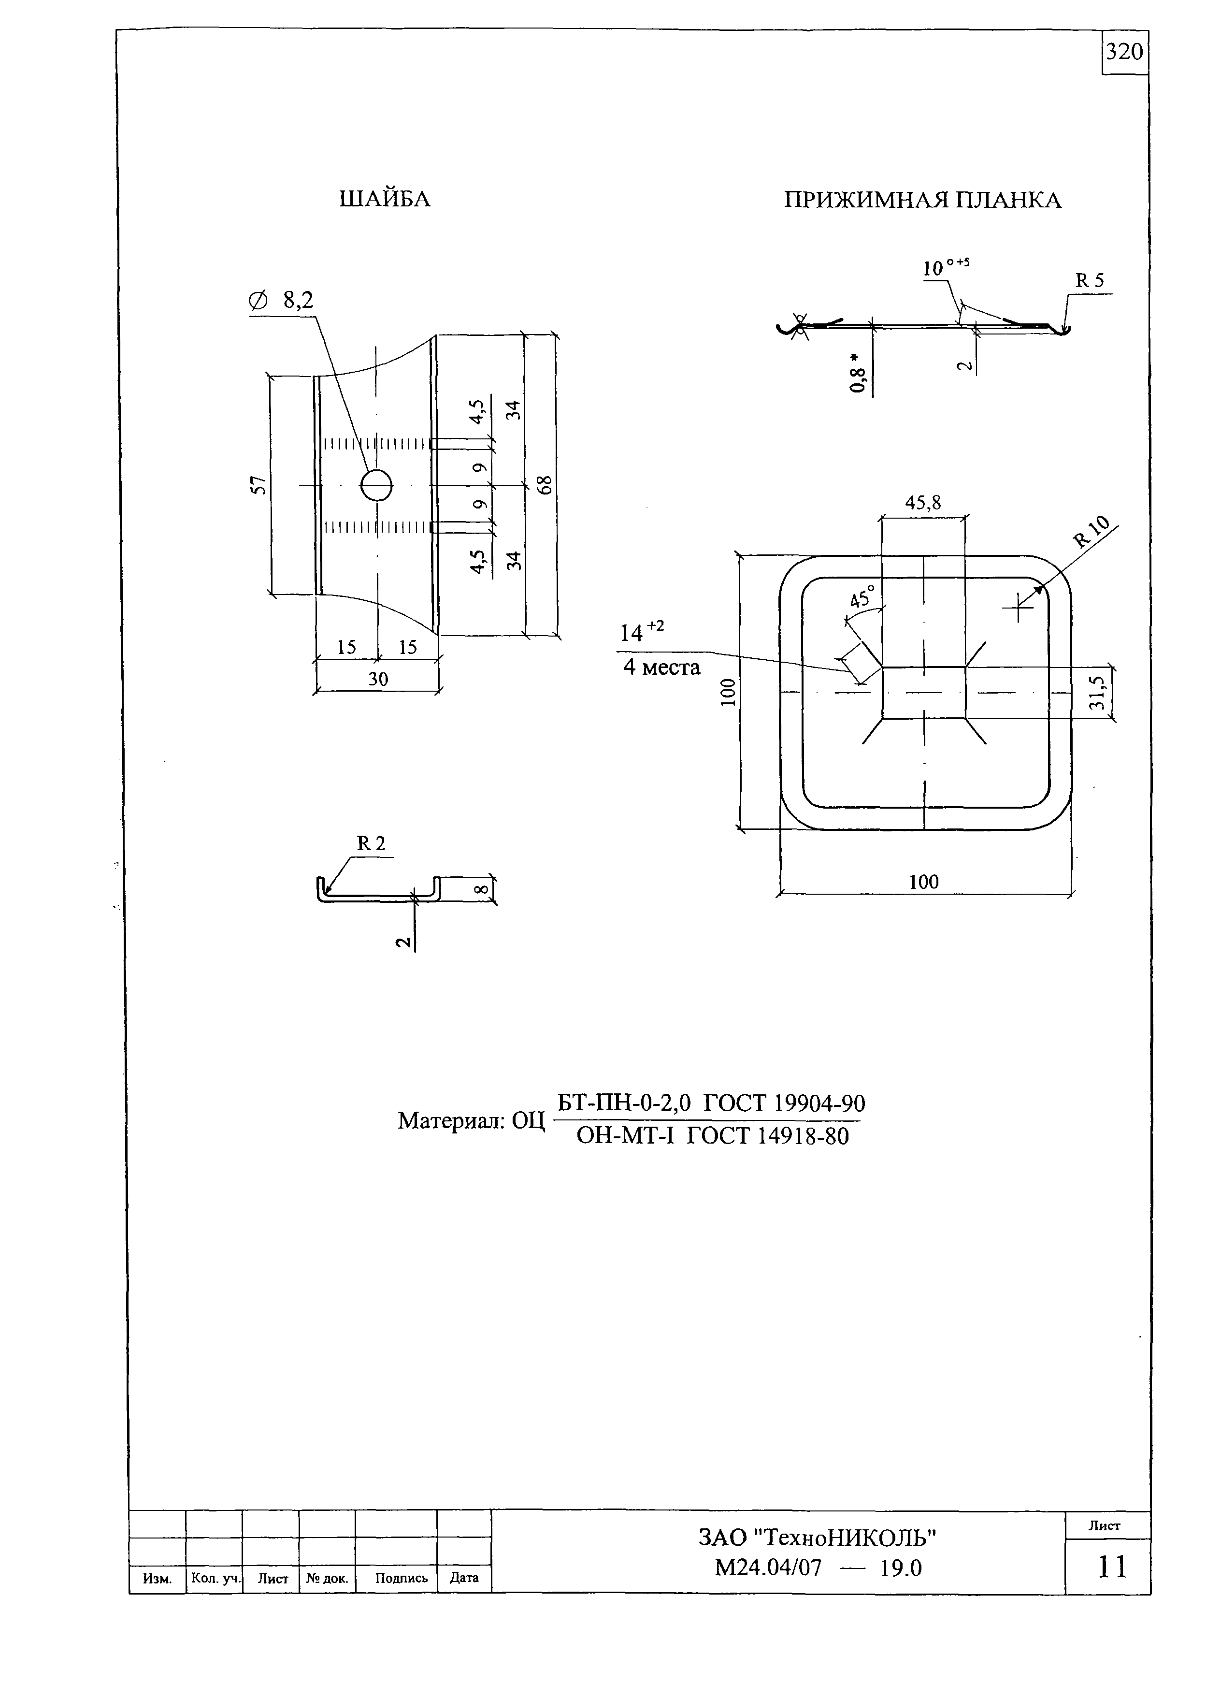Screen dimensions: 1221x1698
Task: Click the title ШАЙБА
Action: pos(385,199)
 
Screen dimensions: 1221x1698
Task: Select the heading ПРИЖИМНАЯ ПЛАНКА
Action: pos(923,200)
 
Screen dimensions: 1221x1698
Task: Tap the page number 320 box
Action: pos(1125,52)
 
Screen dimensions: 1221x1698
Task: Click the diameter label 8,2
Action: pos(298,300)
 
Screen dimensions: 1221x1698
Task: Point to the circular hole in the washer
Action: pos(376,486)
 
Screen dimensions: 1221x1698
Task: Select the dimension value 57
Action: pos(258,485)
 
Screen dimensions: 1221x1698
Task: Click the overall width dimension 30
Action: pos(378,679)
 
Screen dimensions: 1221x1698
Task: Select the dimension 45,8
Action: pos(923,503)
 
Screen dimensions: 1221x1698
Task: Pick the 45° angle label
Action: pos(862,597)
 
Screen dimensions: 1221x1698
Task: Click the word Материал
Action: pos(451,1121)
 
